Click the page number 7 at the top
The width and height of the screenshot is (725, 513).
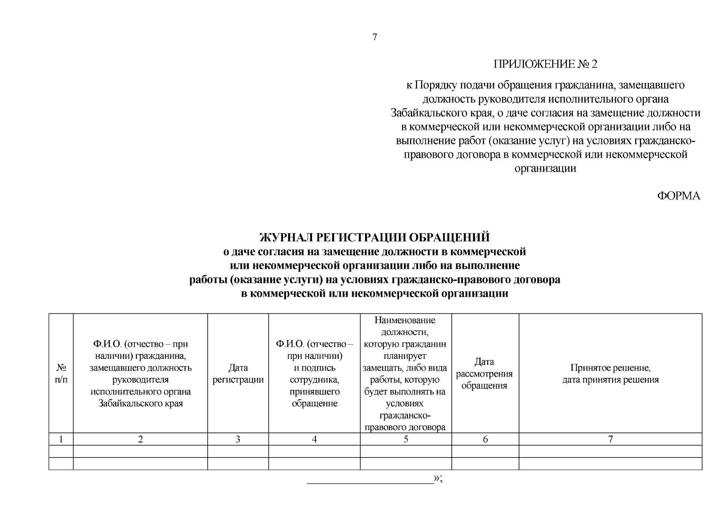374,37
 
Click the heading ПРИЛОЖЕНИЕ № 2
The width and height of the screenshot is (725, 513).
545,65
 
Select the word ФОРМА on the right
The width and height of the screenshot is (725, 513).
678,196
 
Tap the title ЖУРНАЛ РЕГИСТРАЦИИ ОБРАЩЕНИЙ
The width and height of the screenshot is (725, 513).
374,237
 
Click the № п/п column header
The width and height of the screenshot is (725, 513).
61,374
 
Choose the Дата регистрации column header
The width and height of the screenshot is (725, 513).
238,374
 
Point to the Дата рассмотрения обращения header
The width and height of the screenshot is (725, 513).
485,374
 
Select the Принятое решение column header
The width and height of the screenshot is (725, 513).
610,374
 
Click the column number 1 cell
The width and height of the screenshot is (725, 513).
61,439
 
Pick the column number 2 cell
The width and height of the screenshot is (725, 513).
140,439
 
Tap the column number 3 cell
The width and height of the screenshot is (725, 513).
238,439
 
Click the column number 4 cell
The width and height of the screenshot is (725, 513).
314,439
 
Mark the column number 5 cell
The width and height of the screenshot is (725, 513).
406,439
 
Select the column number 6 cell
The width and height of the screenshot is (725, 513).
485,439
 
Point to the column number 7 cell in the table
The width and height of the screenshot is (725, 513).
610,439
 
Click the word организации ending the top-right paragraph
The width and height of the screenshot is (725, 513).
545,168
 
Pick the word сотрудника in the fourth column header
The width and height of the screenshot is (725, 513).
314,380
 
